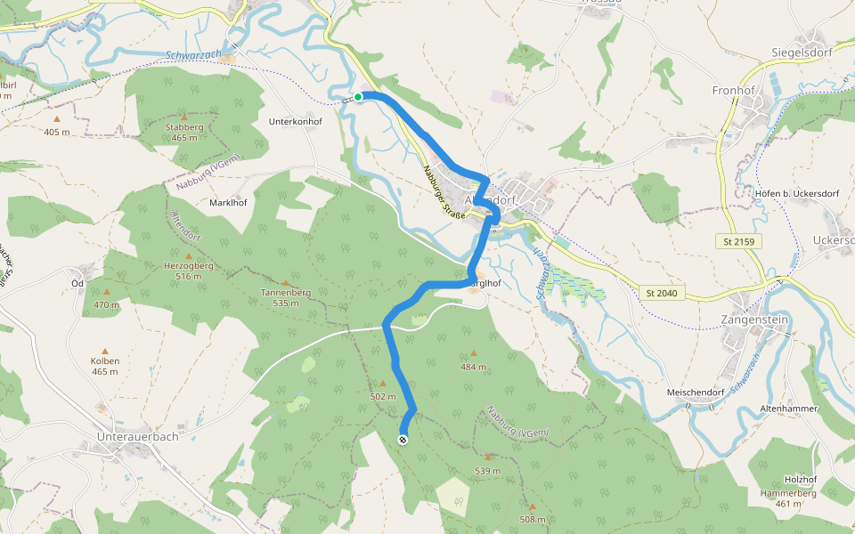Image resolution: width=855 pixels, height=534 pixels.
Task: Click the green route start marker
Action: coord(358,97)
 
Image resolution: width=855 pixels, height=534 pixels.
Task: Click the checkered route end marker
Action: coord(403,439)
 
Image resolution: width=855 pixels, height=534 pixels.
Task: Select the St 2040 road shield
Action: coord(662,292)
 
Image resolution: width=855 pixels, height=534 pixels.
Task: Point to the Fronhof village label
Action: coord(734,91)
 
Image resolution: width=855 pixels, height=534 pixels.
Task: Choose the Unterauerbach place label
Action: coord(137,437)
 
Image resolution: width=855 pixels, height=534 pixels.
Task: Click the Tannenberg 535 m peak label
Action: coord(285,297)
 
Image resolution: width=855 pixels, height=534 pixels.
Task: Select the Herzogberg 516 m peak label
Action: coord(189,271)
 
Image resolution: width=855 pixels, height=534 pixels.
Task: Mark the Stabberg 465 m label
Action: coord(184,132)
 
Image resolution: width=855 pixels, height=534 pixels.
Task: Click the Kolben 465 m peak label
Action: coord(105,366)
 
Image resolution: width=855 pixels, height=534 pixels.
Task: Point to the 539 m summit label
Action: coord(488,470)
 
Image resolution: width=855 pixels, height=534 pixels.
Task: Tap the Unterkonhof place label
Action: coord(295,119)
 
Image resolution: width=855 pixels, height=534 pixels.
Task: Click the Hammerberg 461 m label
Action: coord(788,498)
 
